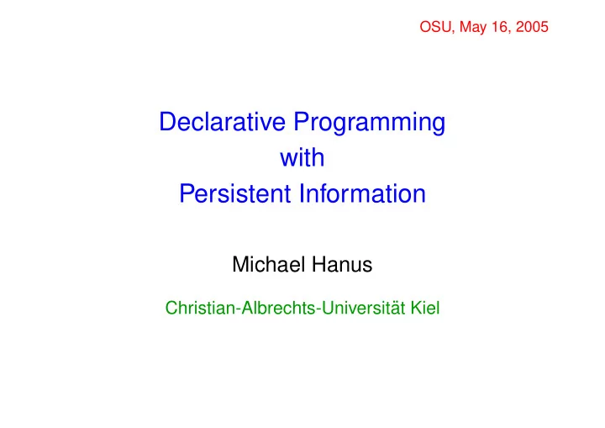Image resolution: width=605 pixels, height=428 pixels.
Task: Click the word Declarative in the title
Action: pos(222,122)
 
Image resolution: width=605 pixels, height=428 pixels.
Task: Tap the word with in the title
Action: pos(302,157)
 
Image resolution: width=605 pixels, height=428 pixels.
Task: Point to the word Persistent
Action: pos(234,193)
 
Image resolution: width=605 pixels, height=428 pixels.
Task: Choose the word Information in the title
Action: pos(363,193)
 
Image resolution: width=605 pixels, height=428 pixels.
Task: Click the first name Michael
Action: pos(269,265)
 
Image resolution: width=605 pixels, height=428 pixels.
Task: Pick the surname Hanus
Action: pos(342,265)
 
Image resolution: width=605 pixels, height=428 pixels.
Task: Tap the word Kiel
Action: pos(425,309)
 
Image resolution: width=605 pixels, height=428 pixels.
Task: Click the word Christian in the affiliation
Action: pos(200,309)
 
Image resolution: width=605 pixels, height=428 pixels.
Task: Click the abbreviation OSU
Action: pos(435,27)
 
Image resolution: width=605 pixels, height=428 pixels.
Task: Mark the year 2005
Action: pos(532,27)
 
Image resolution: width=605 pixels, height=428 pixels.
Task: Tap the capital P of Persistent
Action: pos(187,194)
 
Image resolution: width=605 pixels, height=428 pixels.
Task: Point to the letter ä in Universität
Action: pos(392,309)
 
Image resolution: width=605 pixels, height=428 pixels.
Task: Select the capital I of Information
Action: pos(302,194)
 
